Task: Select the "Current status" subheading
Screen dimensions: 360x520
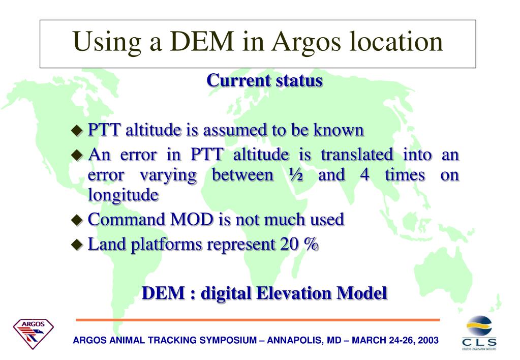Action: (264, 80)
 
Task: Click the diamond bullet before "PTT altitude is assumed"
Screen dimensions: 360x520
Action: (76, 131)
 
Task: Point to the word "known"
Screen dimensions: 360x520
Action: (338, 130)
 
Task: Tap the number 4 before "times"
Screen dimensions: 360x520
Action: (364, 175)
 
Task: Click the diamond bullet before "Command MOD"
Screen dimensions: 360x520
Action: (76, 221)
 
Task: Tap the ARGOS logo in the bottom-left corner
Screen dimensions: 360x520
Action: (33, 333)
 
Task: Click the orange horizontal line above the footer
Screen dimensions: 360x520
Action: (258, 320)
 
